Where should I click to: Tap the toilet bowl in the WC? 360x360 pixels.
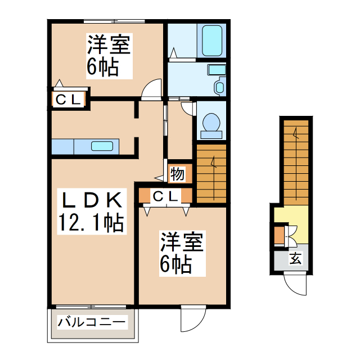(x=211, y=123)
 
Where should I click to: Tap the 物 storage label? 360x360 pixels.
(x=177, y=174)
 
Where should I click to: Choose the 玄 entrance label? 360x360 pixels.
(x=295, y=259)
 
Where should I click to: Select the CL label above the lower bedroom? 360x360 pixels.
(x=166, y=197)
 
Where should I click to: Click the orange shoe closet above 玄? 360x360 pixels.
(x=279, y=236)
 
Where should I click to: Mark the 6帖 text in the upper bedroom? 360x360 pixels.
(x=102, y=67)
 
